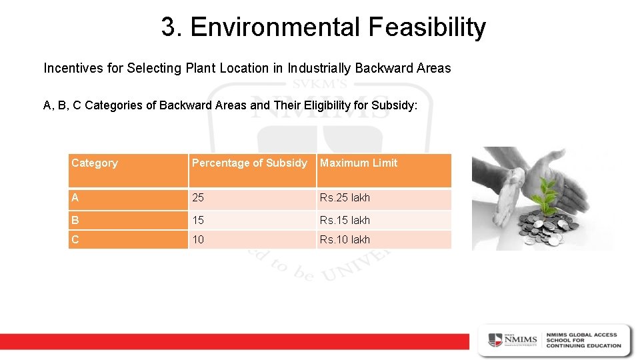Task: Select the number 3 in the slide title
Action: tap(167, 28)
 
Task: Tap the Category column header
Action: tap(94, 163)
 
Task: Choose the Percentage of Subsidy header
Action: tap(249, 163)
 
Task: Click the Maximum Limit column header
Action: tap(359, 163)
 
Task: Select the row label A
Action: tap(75, 198)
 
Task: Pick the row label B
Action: tap(75, 220)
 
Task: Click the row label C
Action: tap(75, 240)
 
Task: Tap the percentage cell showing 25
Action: tap(198, 198)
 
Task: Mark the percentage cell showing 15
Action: tap(198, 220)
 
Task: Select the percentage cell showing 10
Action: tap(198, 240)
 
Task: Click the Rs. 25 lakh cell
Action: tap(345, 198)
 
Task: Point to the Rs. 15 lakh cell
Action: tap(345, 220)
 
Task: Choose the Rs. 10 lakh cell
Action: tap(345, 240)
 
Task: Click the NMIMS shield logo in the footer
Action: tap(495, 339)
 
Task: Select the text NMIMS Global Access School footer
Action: tap(583, 340)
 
